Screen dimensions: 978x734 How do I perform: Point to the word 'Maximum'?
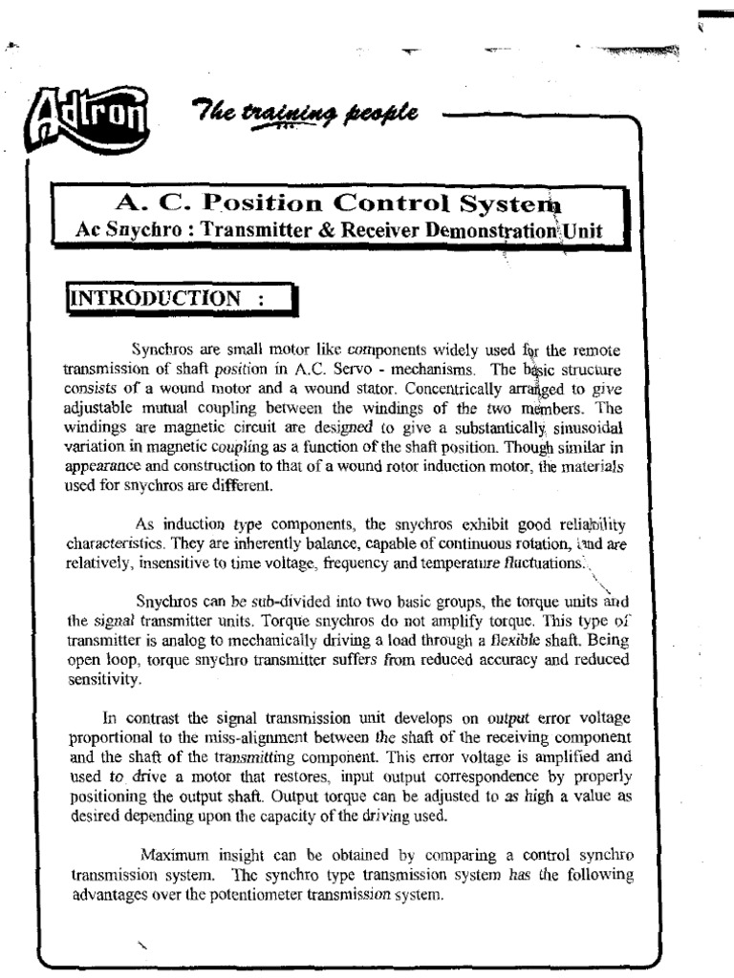[x=175, y=854]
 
